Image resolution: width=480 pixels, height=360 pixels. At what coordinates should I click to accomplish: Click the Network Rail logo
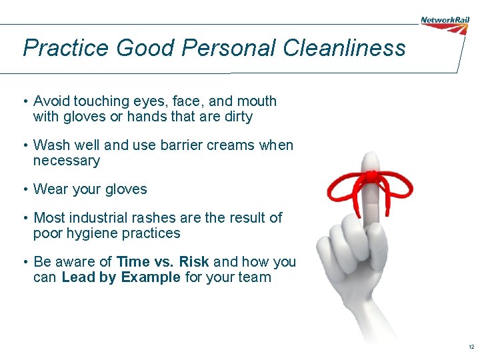(445, 21)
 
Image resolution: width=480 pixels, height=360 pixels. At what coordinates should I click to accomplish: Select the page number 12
(471, 347)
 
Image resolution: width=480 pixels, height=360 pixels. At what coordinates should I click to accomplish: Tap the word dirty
(237, 117)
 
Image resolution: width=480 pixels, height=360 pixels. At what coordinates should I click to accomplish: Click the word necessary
(66, 161)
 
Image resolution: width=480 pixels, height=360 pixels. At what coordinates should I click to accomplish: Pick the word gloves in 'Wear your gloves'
(127, 189)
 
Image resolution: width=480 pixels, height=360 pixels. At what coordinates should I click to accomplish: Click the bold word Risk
(193, 262)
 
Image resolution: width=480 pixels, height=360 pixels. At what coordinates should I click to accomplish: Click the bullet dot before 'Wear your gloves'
(23, 189)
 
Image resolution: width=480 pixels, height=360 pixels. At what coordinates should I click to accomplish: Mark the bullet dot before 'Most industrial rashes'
(23, 218)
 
